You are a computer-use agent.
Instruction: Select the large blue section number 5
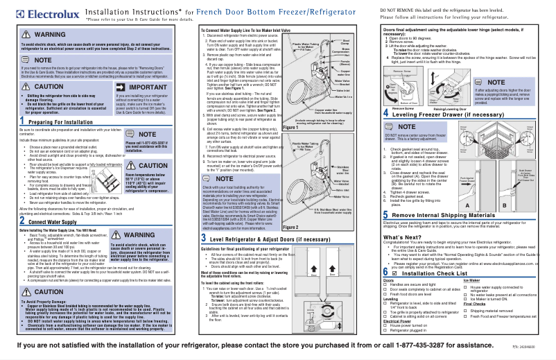click(x=385, y=235)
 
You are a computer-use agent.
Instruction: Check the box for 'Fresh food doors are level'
click(x=386, y=294)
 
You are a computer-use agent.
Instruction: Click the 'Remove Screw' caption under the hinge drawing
click(x=403, y=108)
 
